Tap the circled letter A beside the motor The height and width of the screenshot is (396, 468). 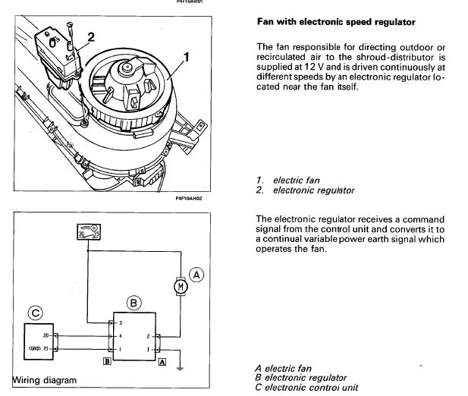(196, 275)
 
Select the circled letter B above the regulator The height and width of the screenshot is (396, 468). (133, 303)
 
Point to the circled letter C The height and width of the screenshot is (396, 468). (34, 312)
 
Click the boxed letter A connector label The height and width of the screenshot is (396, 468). (162, 363)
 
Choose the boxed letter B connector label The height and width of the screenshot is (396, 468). (106, 363)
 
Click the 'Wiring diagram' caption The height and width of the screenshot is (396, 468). (45, 379)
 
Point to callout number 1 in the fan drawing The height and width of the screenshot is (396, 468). (186, 55)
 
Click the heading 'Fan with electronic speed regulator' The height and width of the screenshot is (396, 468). (336, 22)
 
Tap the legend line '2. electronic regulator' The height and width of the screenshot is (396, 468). (306, 190)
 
